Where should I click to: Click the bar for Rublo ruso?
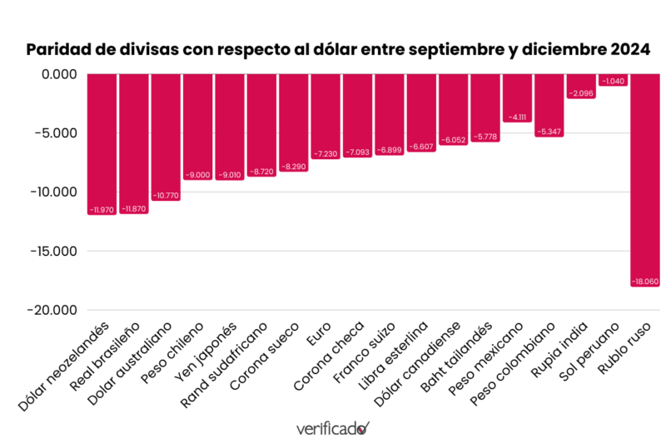point(645,179)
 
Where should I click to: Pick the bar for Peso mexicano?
point(517,97)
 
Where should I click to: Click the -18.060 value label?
point(645,282)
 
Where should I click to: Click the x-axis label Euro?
point(317,332)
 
